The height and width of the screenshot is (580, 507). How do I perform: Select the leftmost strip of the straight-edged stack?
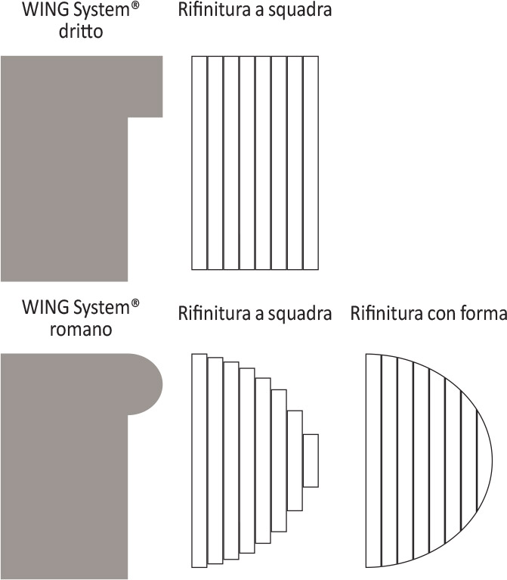tap(199, 163)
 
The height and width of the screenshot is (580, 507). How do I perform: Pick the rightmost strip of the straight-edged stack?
tap(311, 163)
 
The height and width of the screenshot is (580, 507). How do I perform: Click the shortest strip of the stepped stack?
tap(311, 460)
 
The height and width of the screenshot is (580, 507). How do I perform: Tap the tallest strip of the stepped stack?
tap(199, 460)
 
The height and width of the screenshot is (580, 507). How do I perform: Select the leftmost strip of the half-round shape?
tap(373, 460)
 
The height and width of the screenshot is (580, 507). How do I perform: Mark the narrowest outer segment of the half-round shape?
tap(484, 460)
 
